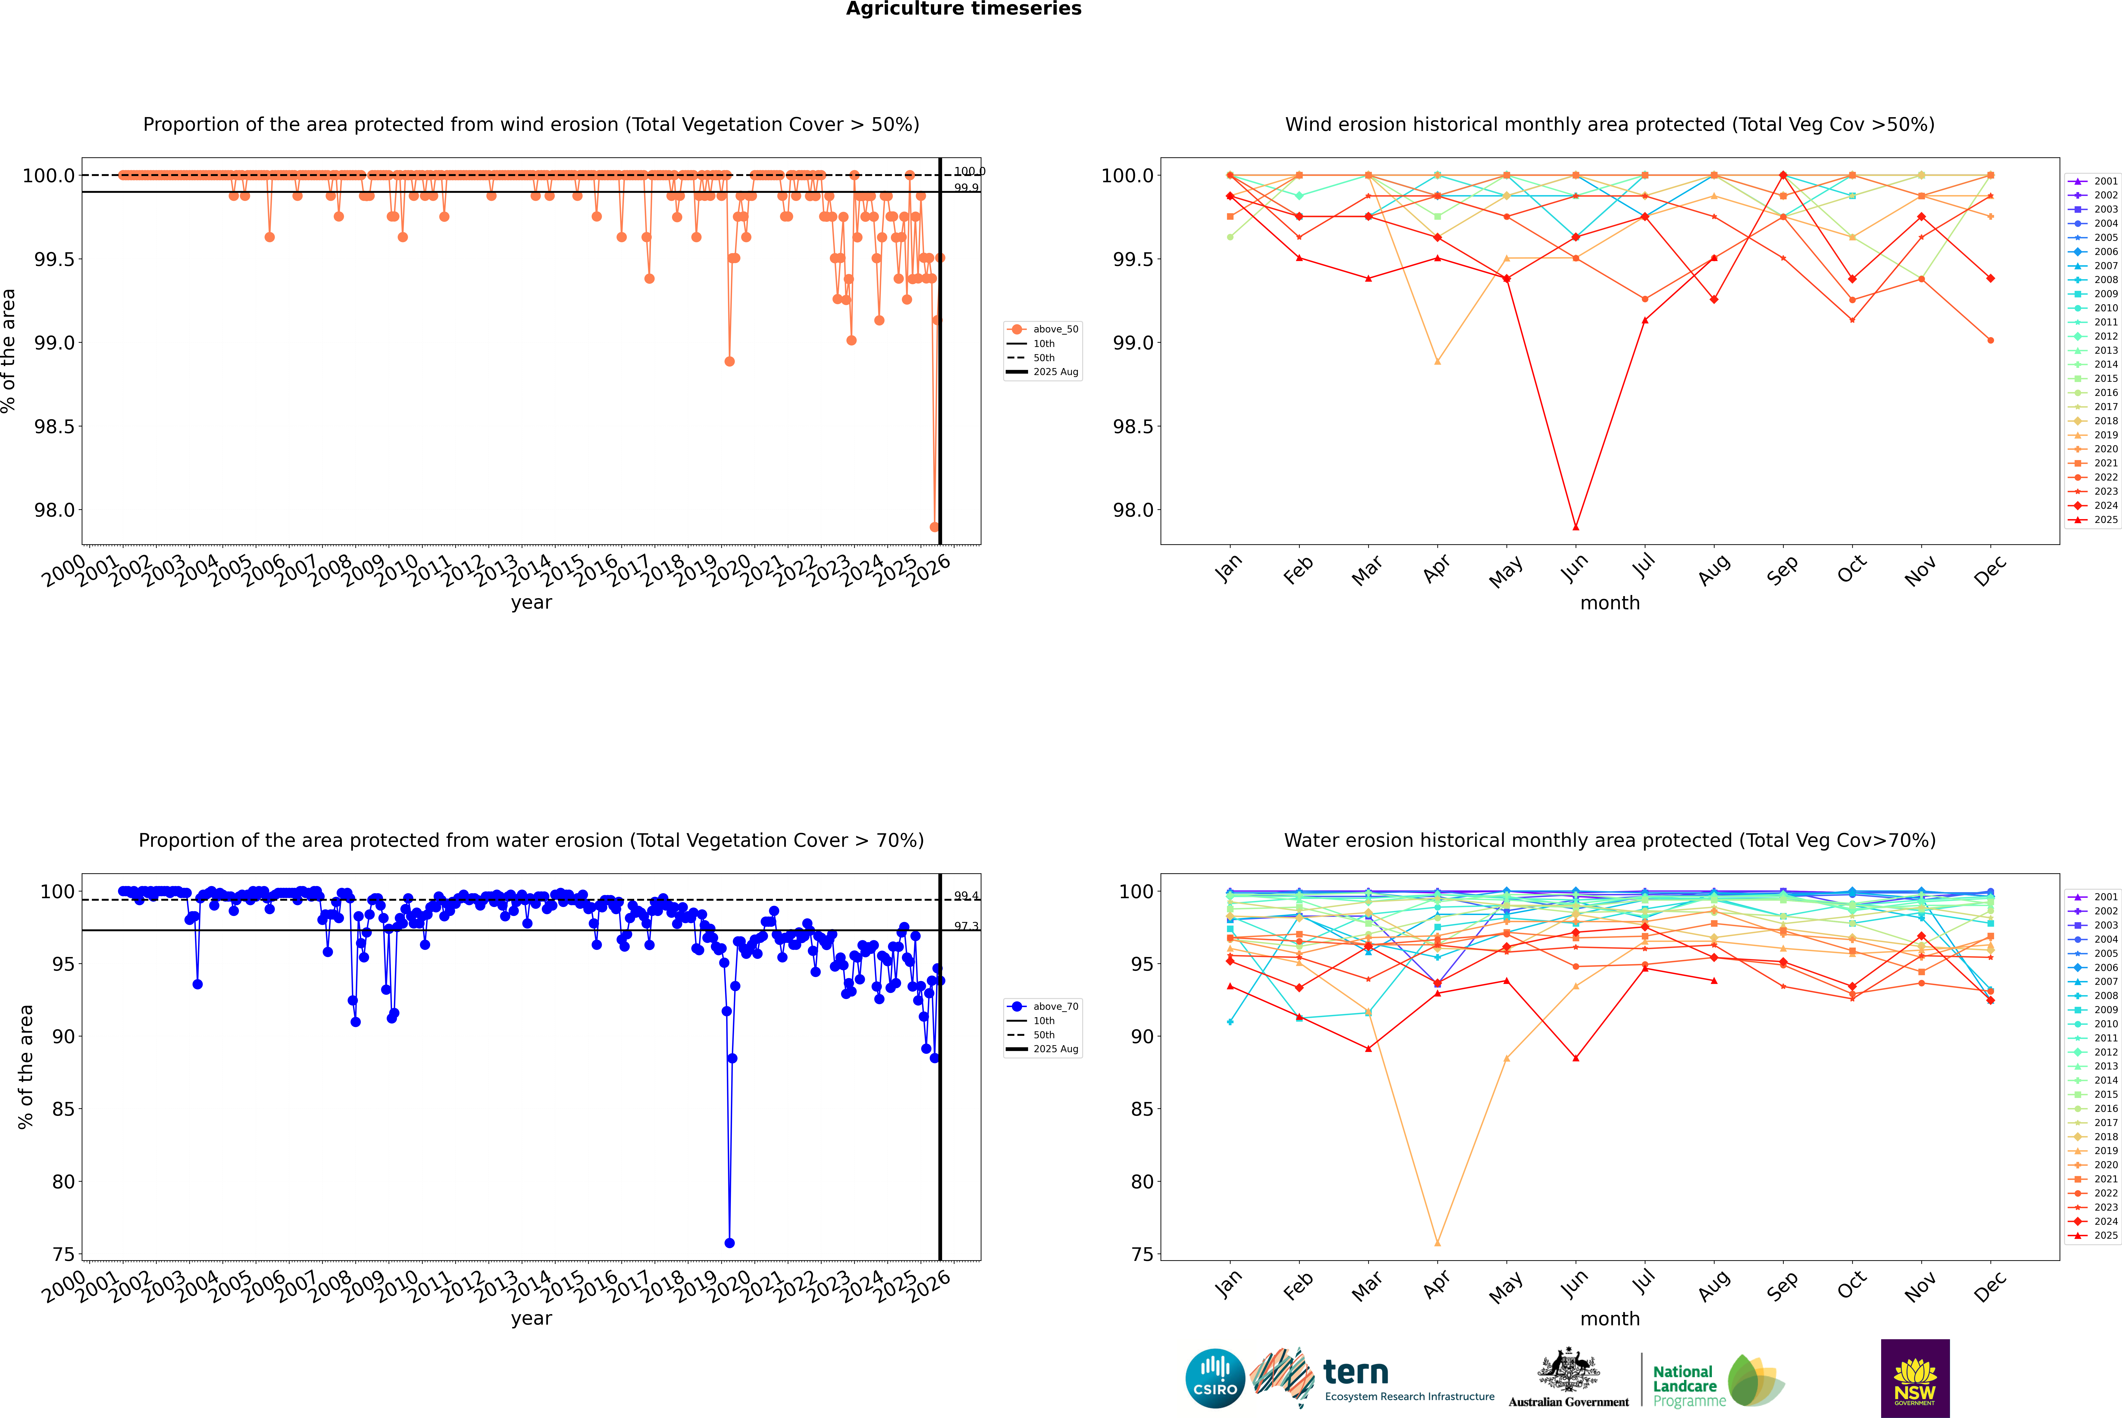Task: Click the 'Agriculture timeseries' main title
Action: point(963,9)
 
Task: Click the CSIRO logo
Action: point(1215,1378)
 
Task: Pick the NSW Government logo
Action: point(1915,1378)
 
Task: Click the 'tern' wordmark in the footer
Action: point(1355,1372)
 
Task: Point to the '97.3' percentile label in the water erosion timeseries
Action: point(966,926)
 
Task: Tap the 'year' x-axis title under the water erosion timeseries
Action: point(531,1319)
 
